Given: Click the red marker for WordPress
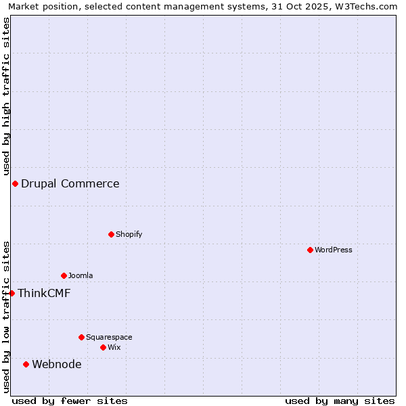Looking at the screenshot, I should click(310, 250).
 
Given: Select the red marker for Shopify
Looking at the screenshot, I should click(111, 234).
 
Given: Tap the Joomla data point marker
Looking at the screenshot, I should click(64, 275).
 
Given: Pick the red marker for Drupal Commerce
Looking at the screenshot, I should click(15, 183).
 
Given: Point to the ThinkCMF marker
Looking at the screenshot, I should click(12, 293).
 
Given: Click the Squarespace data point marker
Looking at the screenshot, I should click(81, 337).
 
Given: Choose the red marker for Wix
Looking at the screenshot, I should click(103, 347).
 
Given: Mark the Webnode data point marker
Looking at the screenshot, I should click(26, 364).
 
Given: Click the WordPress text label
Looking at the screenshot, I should click(334, 250).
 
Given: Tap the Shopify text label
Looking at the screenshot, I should click(129, 234).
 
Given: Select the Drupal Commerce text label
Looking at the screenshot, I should click(70, 183).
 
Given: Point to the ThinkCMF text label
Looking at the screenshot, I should click(44, 293).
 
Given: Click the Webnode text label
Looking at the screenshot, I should click(57, 364).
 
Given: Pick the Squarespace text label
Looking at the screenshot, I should click(109, 337).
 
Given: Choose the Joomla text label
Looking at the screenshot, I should click(81, 275).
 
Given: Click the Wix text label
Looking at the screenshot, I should click(114, 347).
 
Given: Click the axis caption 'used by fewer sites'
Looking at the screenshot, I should click(70, 401).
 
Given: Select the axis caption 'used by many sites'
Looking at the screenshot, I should click(340, 401).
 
